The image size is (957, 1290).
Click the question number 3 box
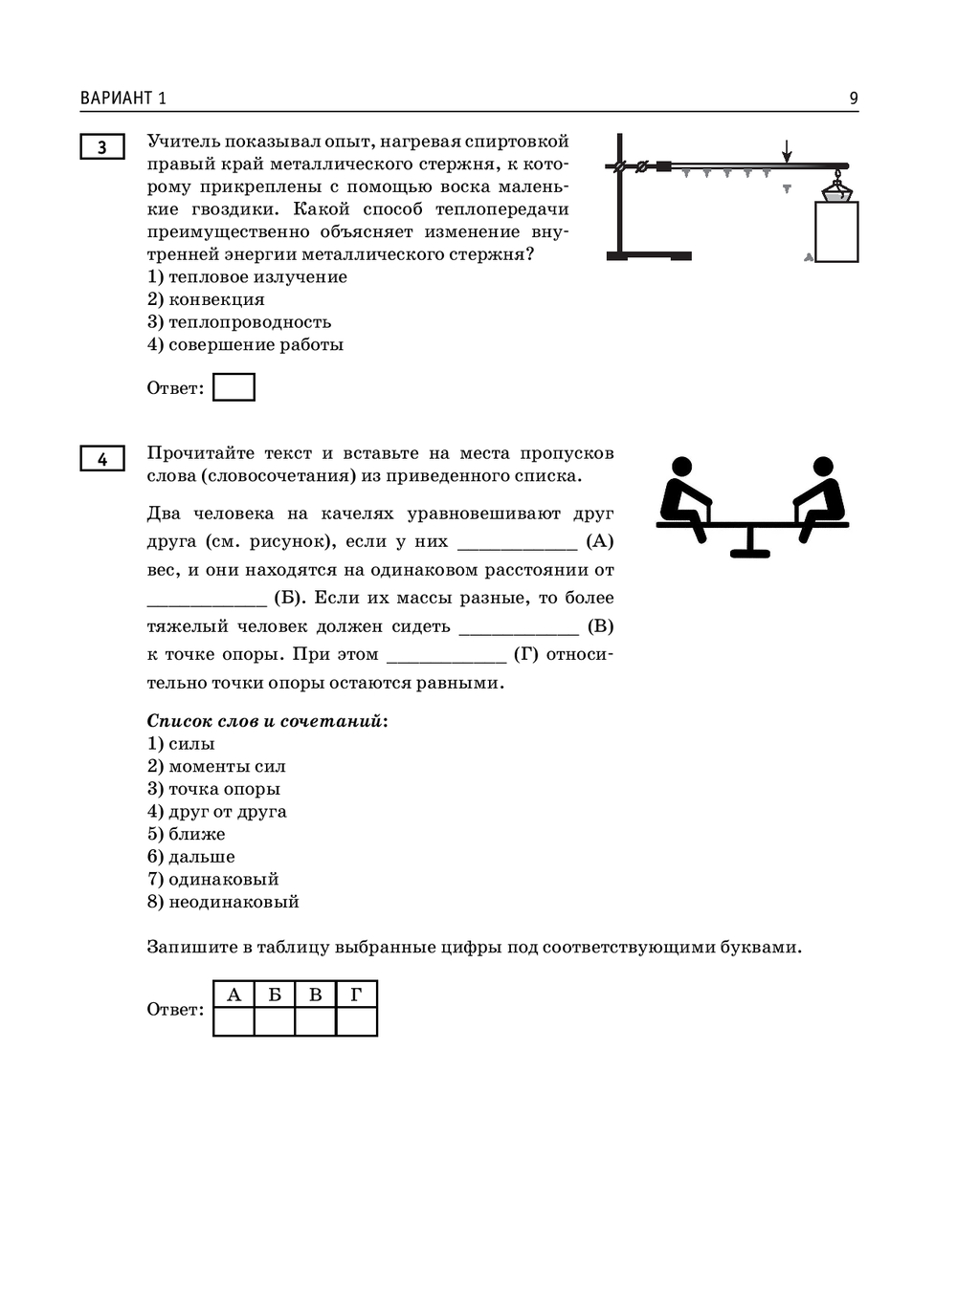coord(102,147)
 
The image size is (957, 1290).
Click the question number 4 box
coord(102,459)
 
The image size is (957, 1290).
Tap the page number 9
coord(853,98)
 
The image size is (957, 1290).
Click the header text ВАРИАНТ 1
coord(123,98)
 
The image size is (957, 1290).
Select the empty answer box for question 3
coord(234,387)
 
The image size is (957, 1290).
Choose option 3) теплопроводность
coord(239,322)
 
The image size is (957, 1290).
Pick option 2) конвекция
coord(206,299)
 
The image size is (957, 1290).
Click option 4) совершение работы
coord(245,345)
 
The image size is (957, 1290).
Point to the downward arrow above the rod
coord(787,151)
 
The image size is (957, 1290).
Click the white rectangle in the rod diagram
coord(836,231)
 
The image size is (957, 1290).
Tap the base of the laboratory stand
coord(649,255)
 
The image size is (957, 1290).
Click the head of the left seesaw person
coord(681,467)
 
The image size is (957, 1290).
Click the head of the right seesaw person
coord(823,467)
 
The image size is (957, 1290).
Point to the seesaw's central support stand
coord(750,541)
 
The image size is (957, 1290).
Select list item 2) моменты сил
coord(216,767)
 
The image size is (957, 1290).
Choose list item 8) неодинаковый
coord(223,903)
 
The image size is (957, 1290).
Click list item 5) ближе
coord(187,835)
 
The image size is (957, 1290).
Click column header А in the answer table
coord(234,995)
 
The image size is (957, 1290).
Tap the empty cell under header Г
coord(356,1022)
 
